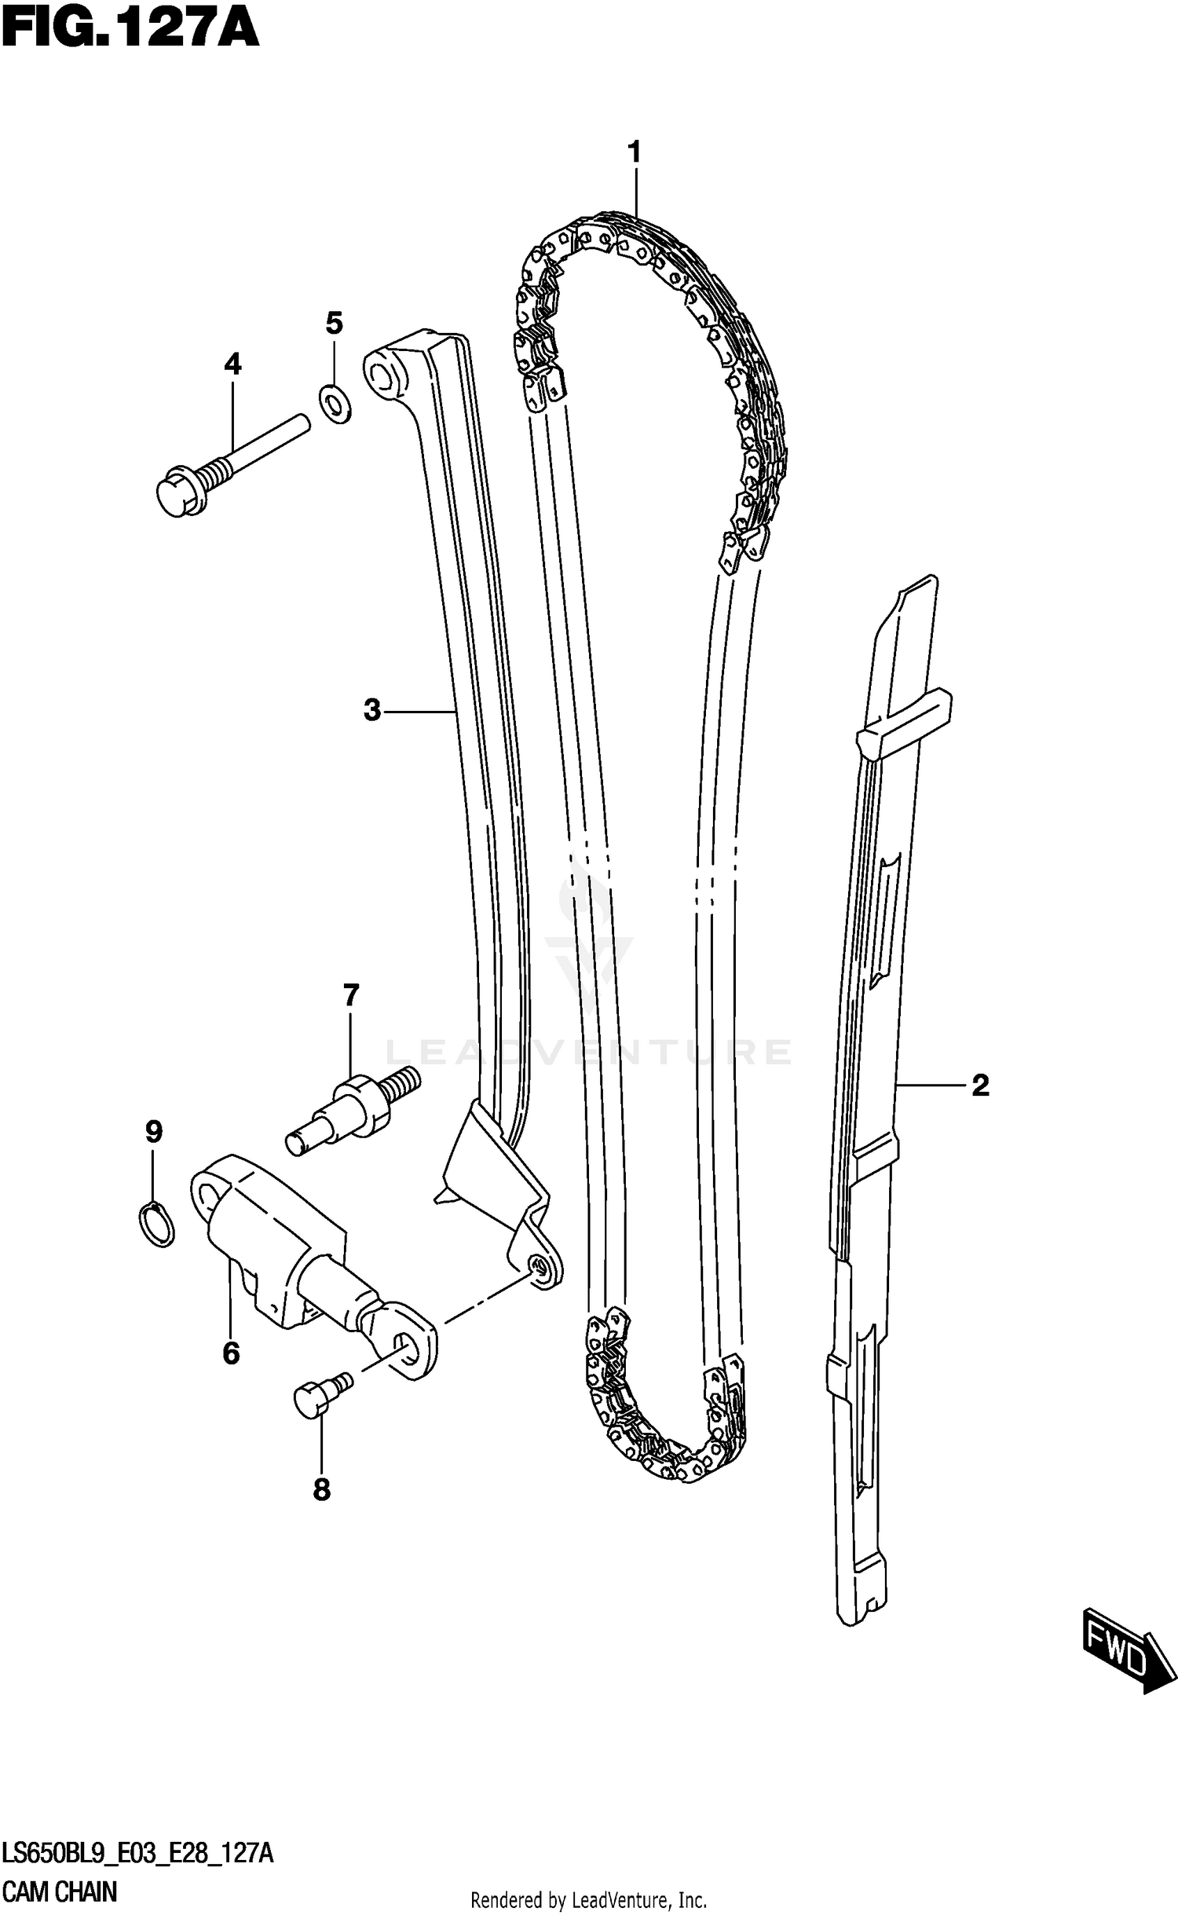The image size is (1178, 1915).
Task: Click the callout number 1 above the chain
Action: click(635, 152)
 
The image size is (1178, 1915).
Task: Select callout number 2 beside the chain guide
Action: click(980, 1086)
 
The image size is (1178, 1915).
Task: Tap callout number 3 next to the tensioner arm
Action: click(372, 710)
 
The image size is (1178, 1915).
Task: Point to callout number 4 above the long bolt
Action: click(232, 364)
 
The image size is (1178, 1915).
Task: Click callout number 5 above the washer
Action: click(335, 323)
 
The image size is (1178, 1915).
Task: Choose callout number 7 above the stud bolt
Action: click(351, 996)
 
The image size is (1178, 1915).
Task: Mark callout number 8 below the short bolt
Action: click(322, 1490)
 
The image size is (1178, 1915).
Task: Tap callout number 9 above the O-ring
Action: click(154, 1132)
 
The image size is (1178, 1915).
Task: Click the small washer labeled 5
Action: click(335, 404)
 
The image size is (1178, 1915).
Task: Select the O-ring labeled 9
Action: click(156, 1225)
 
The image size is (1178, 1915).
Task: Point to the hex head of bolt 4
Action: click(181, 494)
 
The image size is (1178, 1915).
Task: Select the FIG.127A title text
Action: click(130, 31)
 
